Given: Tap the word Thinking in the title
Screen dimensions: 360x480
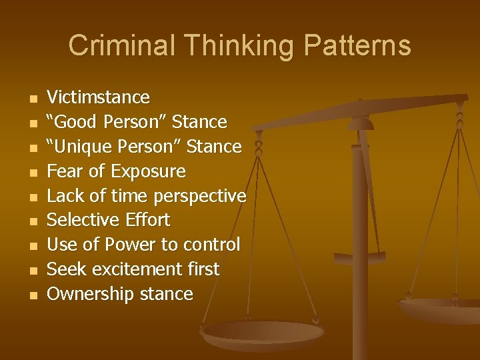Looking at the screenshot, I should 231,46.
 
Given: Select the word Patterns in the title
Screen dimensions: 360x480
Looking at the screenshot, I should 353,46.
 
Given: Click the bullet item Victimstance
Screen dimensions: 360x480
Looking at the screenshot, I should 98,97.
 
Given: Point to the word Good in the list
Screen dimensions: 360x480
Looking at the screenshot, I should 75,122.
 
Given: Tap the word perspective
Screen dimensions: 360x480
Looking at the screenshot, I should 199,196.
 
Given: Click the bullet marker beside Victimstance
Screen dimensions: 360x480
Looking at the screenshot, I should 31,99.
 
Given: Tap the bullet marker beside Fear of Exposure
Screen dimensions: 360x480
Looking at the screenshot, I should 31,172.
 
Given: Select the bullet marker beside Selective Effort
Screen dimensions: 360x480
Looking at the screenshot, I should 31,221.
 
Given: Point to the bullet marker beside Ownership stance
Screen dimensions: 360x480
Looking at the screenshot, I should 31,295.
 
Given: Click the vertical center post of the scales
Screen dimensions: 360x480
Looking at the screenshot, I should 359,233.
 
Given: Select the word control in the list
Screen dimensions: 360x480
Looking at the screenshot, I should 211,245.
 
